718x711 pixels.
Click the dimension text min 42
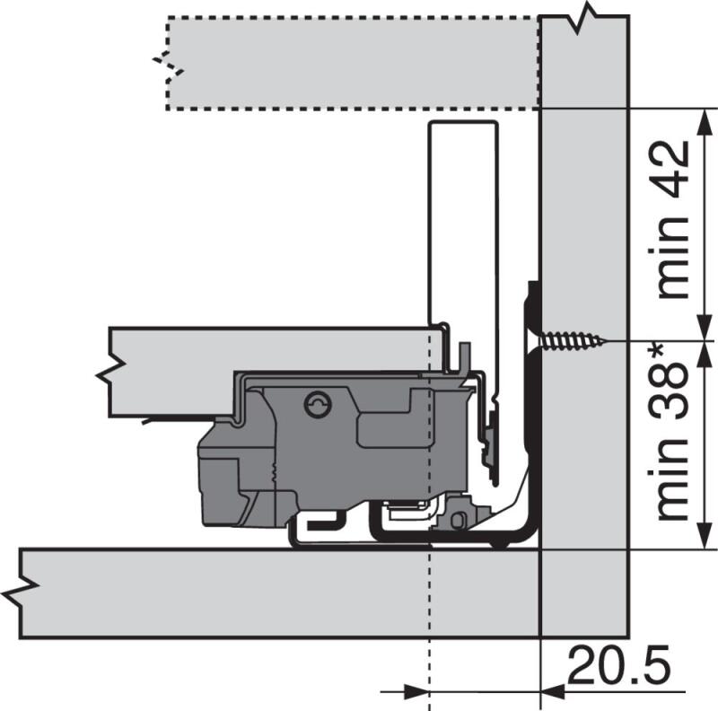(x=673, y=219)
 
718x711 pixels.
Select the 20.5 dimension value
(x=619, y=665)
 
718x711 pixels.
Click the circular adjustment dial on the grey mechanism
(x=318, y=405)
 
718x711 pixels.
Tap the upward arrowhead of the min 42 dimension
(x=705, y=122)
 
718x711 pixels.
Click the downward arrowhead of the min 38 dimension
(x=705, y=535)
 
